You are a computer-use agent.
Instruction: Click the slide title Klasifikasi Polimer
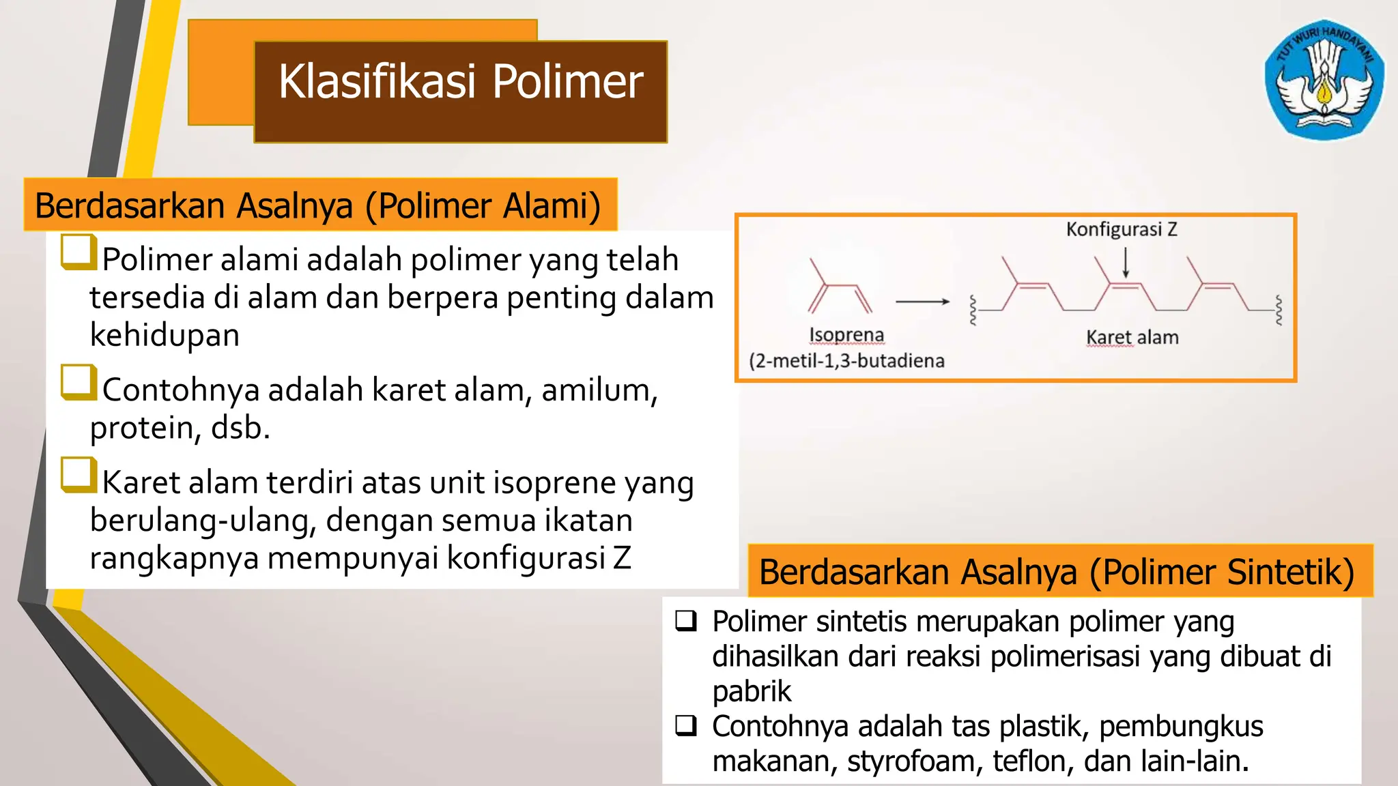pyautogui.click(x=461, y=82)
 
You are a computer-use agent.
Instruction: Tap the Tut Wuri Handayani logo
pyautogui.click(x=1324, y=79)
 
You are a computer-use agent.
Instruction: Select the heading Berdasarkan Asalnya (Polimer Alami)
pyautogui.click(x=318, y=205)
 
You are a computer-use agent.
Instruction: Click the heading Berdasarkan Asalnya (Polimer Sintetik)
pyautogui.click(x=1057, y=572)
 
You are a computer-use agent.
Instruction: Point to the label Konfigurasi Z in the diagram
pyautogui.click(x=1122, y=229)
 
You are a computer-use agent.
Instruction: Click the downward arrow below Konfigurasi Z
pyautogui.click(x=1126, y=263)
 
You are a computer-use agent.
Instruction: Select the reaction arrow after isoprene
pyautogui.click(x=922, y=301)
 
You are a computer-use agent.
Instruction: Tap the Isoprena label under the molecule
pyautogui.click(x=846, y=335)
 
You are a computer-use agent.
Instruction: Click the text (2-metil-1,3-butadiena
pyautogui.click(x=846, y=360)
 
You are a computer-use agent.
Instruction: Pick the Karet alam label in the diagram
pyautogui.click(x=1132, y=337)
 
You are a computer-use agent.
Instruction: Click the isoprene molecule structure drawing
pyautogui.click(x=840, y=287)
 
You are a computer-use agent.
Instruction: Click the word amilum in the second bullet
pyautogui.click(x=599, y=391)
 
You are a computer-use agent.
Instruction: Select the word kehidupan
pyautogui.click(x=165, y=335)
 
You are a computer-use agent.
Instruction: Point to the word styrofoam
pyautogui.click(x=915, y=761)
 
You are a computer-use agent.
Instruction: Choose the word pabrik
pyautogui.click(x=752, y=692)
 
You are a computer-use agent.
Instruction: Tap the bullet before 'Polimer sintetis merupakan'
pyautogui.click(x=686, y=620)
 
